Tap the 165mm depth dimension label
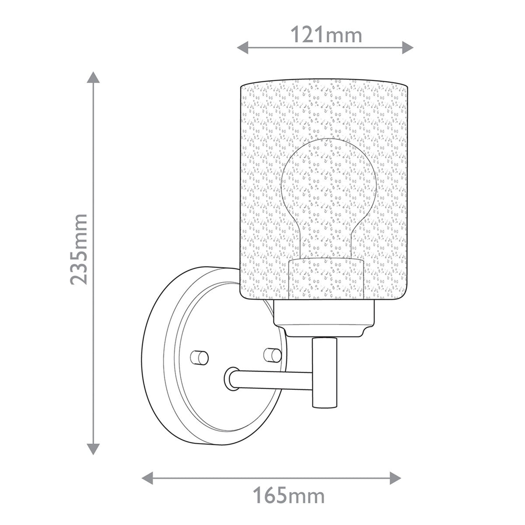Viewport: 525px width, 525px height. point(289,496)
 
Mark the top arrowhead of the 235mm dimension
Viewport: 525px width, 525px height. point(92,78)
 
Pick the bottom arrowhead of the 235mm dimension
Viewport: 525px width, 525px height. point(92,448)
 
